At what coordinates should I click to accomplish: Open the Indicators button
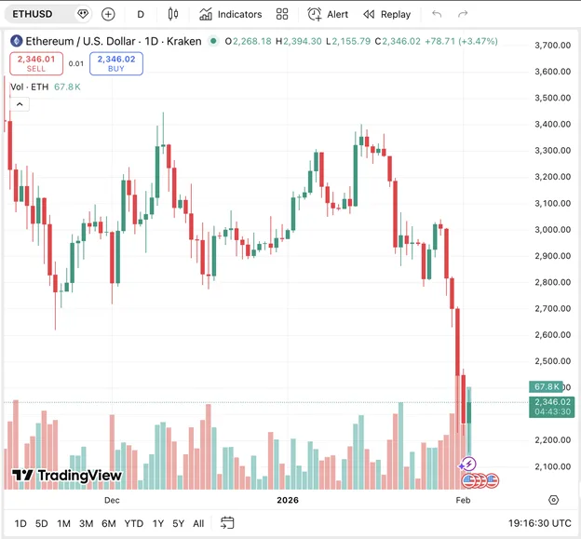pyautogui.click(x=230, y=14)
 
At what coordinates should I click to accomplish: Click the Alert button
pyautogui.click(x=328, y=14)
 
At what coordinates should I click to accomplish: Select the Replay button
pyautogui.click(x=386, y=14)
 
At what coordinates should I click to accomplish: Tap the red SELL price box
pyautogui.click(x=36, y=63)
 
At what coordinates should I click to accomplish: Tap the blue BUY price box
pyautogui.click(x=116, y=63)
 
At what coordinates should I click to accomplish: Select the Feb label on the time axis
pyautogui.click(x=463, y=499)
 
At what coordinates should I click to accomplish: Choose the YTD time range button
pyautogui.click(x=133, y=523)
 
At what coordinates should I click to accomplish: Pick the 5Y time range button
pyautogui.click(x=178, y=523)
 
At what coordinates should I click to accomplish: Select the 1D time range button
pyautogui.click(x=20, y=523)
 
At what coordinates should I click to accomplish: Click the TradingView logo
pyautogui.click(x=67, y=476)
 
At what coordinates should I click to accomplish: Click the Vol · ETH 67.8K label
pyautogui.click(x=45, y=87)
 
